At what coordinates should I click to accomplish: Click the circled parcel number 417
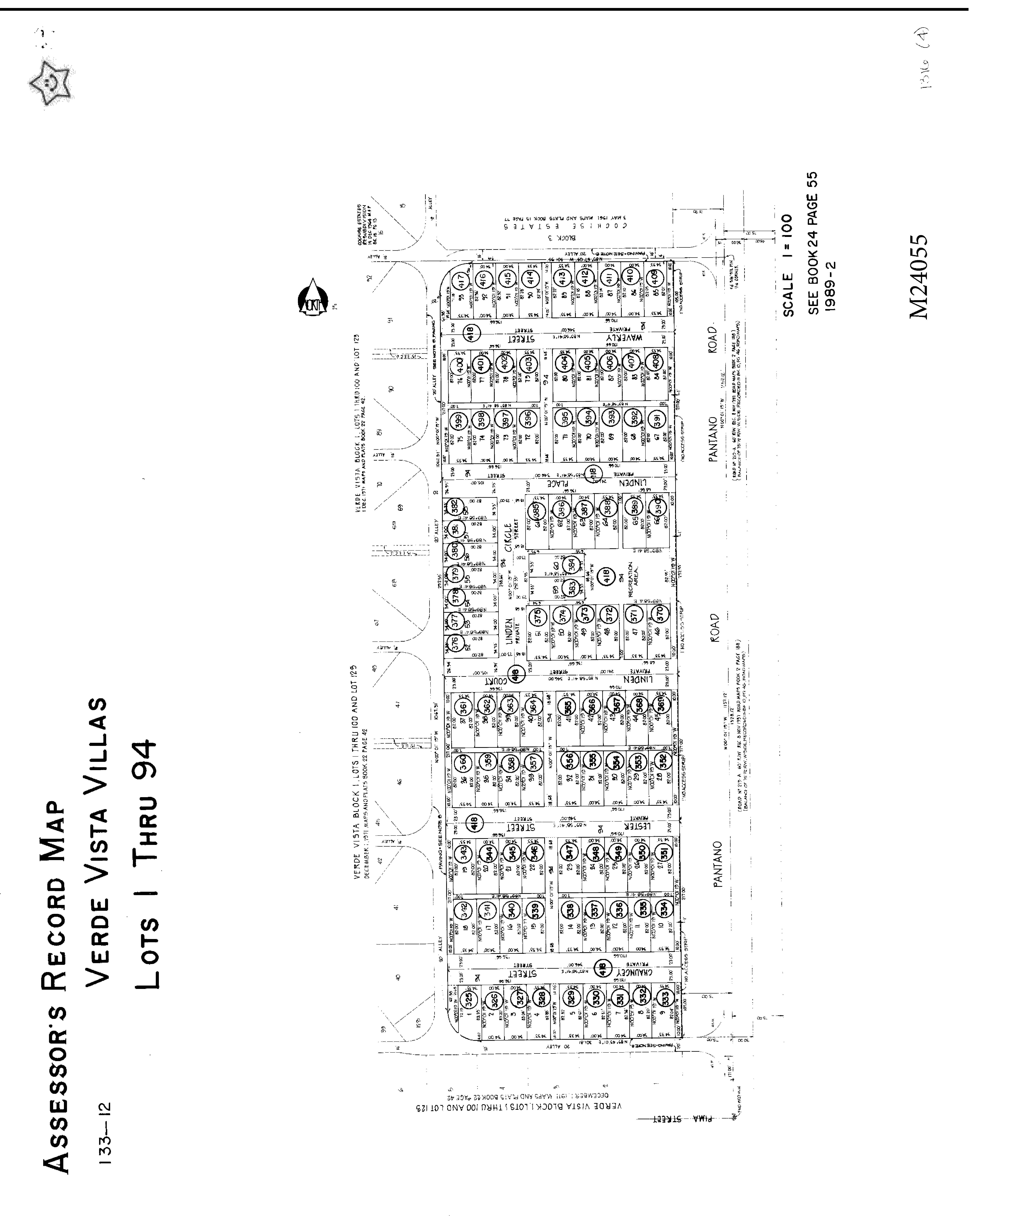point(461,281)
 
